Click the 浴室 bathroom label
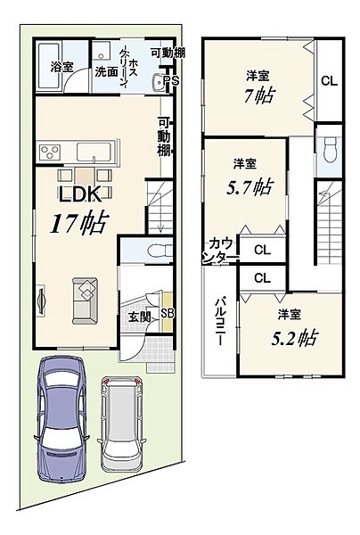[62, 66]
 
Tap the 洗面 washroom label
[106, 71]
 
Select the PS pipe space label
[171, 80]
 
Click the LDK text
[80, 194]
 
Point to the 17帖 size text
[79, 222]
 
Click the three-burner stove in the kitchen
[50, 152]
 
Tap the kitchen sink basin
[94, 152]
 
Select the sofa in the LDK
[85, 301]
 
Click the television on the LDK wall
[41, 301]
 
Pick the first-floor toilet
[160, 251]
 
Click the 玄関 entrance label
[139, 317]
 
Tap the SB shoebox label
[168, 314]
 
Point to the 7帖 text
[258, 95]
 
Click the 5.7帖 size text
[250, 187]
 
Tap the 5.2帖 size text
[294, 338]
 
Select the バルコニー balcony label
[220, 321]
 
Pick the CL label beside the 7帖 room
[329, 81]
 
